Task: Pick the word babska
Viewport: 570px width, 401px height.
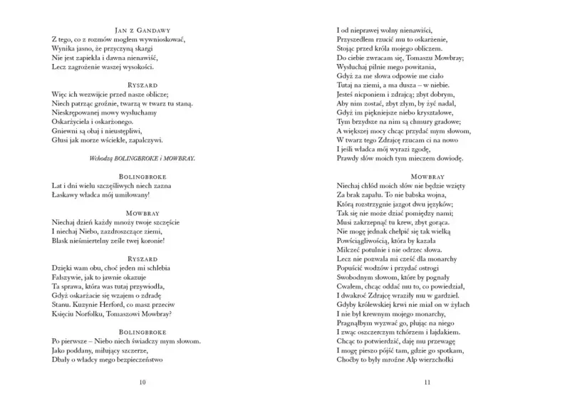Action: pyautogui.click(x=425, y=193)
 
